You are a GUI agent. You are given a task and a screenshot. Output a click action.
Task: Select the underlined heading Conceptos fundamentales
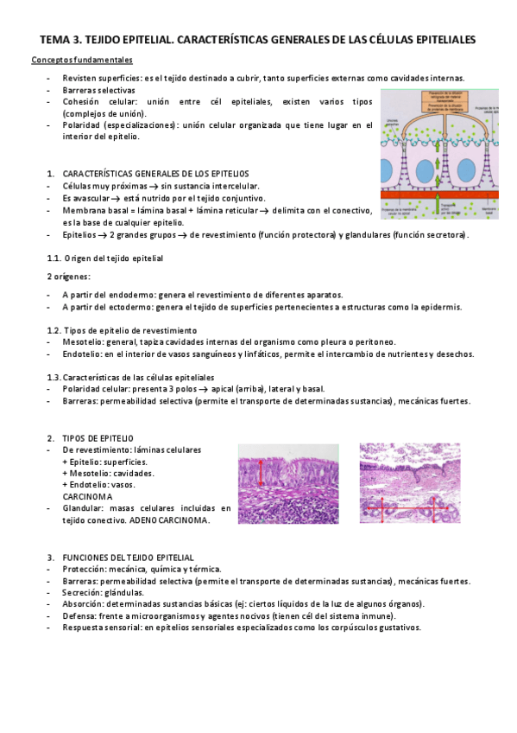(82, 61)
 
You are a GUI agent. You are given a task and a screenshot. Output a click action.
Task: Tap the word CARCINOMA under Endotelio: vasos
(87, 497)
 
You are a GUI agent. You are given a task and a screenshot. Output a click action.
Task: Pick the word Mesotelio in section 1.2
(81, 342)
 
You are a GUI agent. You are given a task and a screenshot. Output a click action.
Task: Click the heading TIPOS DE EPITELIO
(98, 439)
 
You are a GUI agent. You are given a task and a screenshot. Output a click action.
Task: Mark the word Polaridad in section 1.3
(82, 390)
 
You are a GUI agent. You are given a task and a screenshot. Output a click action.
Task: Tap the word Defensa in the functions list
(79, 615)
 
